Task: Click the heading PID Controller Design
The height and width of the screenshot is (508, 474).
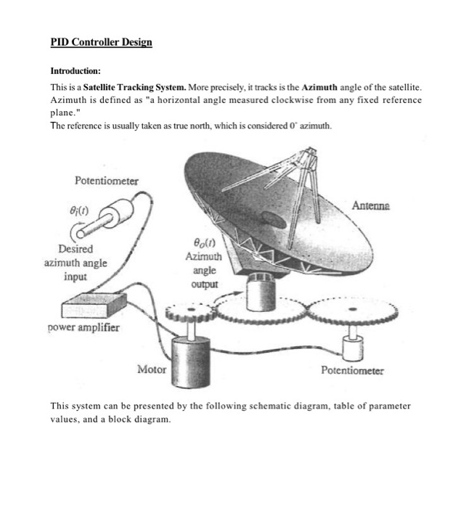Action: (101, 42)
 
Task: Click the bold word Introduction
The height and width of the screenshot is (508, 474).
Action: (75, 71)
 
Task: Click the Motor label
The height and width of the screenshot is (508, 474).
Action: (152, 369)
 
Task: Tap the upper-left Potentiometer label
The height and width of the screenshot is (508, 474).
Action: (107, 180)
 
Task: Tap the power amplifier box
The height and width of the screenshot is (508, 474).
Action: (96, 304)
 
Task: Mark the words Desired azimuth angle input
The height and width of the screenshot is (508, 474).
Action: (72, 263)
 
